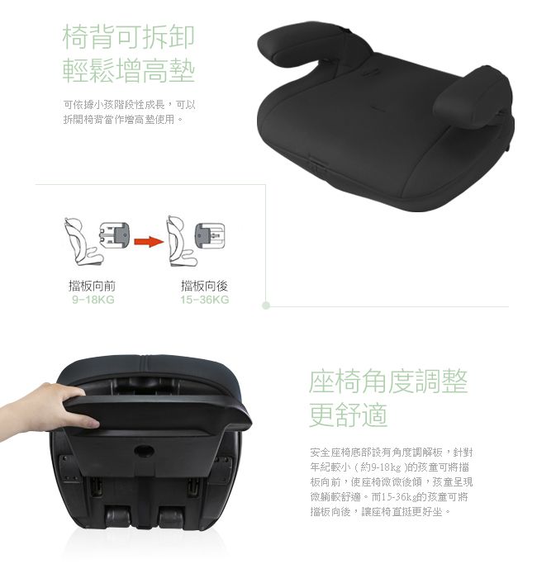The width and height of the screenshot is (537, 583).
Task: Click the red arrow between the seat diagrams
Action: [x=149, y=242]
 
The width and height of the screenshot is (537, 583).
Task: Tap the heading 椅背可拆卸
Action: [x=129, y=37]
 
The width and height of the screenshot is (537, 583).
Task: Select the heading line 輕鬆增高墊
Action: [x=129, y=70]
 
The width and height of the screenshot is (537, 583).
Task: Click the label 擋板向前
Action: [x=93, y=286]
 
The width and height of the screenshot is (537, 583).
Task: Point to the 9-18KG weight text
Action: [x=93, y=300]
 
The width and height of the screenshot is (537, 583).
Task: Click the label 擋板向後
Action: [x=204, y=286]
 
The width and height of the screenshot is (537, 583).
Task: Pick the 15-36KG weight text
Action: [x=205, y=300]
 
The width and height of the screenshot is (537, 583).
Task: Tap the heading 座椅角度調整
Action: [x=387, y=382]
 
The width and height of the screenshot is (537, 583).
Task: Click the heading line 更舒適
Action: [x=348, y=415]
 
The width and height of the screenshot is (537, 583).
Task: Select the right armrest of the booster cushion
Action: [x=473, y=97]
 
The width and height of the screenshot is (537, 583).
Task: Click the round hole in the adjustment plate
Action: [x=144, y=451]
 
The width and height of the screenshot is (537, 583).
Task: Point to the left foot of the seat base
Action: [x=118, y=516]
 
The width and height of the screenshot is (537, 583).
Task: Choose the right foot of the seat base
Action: [x=172, y=516]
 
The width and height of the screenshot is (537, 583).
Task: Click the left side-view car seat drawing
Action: [x=83, y=242]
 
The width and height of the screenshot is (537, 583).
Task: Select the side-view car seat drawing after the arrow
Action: [x=182, y=241]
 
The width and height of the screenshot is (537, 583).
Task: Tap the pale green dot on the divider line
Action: [x=266, y=306]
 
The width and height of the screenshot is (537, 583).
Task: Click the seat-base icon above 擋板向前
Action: [x=115, y=235]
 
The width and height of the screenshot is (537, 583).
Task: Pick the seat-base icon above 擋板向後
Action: [x=210, y=235]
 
